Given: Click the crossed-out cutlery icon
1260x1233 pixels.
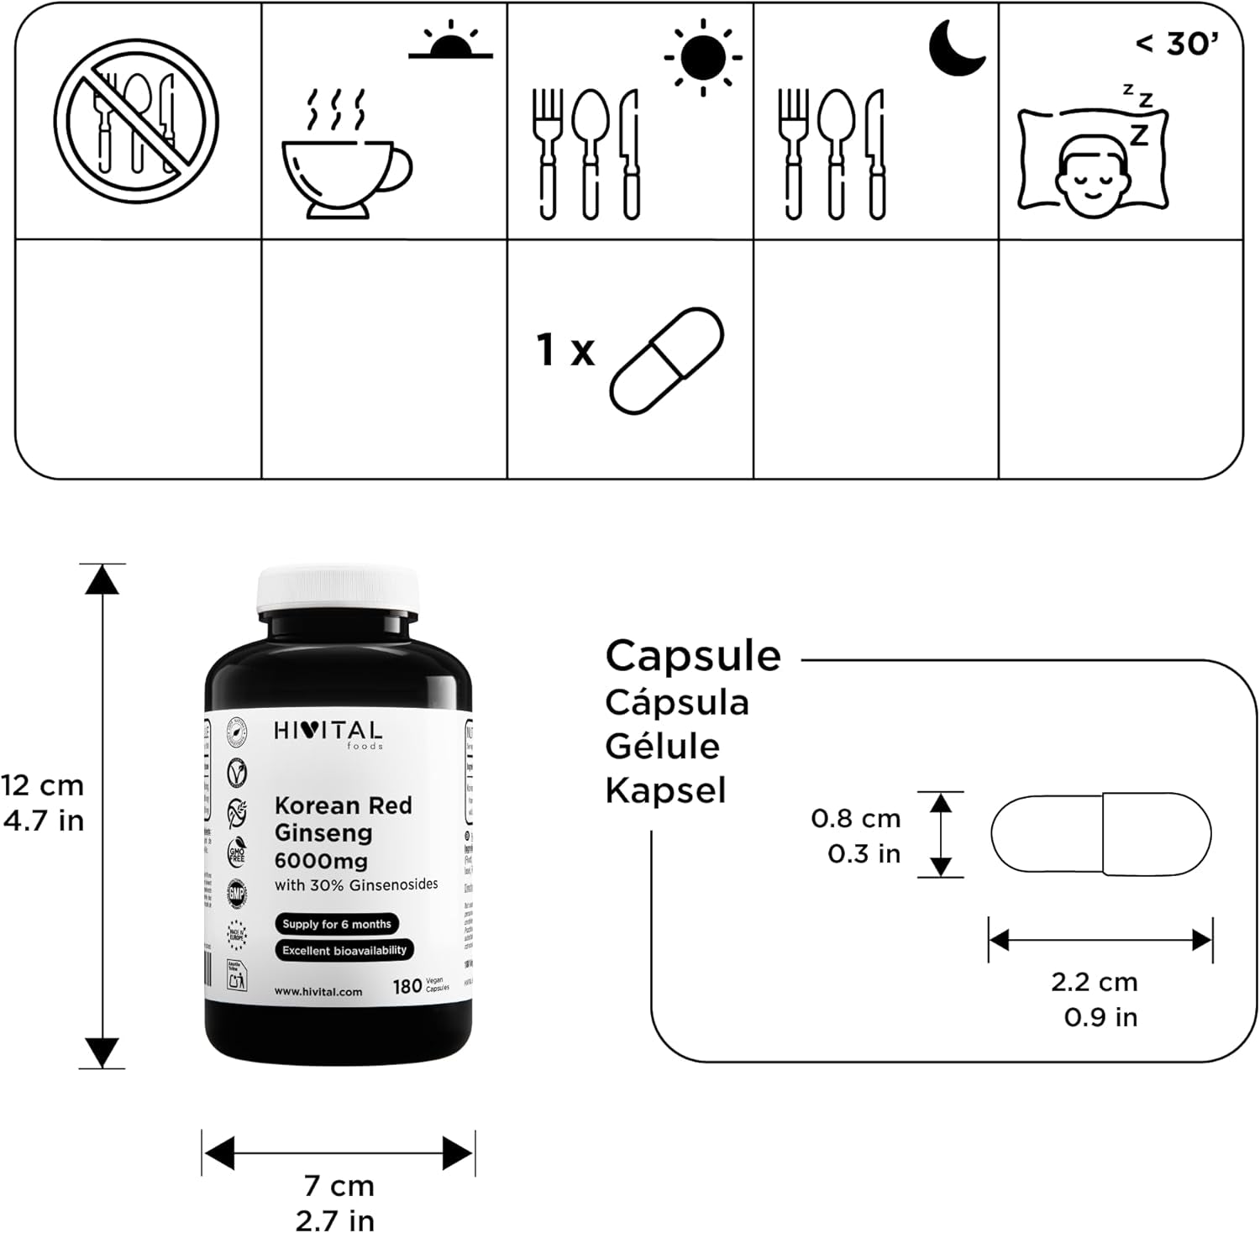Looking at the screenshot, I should point(136,120).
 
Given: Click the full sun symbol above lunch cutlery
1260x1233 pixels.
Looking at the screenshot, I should point(703,57).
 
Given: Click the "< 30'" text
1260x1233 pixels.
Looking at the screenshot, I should point(1177,43).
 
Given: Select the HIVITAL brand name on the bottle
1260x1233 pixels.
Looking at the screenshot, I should point(328,732).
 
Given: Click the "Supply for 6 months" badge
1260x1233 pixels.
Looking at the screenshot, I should point(337,924).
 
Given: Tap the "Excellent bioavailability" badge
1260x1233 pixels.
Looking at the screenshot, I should point(344,950).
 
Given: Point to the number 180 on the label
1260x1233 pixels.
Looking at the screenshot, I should point(407,986).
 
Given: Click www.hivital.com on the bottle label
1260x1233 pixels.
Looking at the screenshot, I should point(318,991).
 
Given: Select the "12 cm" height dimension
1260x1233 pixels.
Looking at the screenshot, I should point(43,785).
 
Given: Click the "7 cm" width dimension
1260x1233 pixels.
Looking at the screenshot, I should point(339,1185).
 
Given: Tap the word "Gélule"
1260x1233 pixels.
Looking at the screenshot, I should point(663,746).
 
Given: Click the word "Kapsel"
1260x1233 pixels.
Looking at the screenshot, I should point(665,790).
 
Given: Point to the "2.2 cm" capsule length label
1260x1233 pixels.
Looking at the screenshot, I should point(1094,981).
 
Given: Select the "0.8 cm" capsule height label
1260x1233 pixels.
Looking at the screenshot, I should point(855,817).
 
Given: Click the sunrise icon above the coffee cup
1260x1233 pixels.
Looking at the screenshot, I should point(450,42).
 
